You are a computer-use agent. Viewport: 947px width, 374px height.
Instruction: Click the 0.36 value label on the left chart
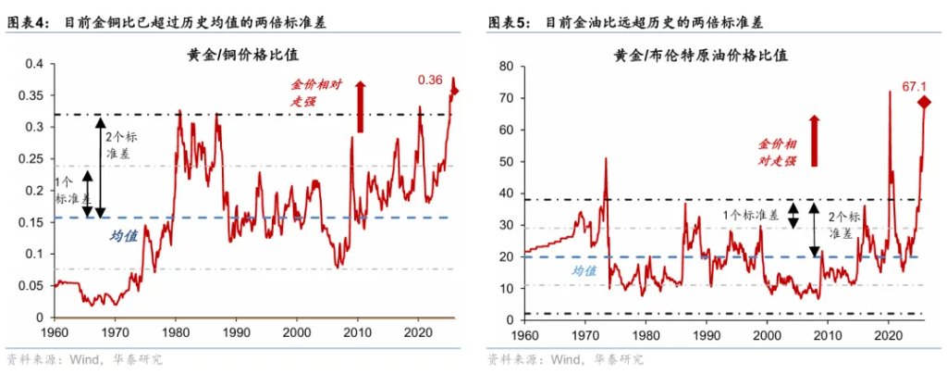[x=430, y=80]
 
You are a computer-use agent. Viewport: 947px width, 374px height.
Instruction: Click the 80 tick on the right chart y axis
[x=507, y=66]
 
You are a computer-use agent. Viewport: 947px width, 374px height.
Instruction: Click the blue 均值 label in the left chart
[x=124, y=236]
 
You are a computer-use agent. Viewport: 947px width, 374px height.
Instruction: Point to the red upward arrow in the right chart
[x=815, y=141]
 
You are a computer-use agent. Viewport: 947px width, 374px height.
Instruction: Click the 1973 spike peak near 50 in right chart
[x=606, y=159]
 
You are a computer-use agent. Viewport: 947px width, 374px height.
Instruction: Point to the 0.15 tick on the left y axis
[x=30, y=222]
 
